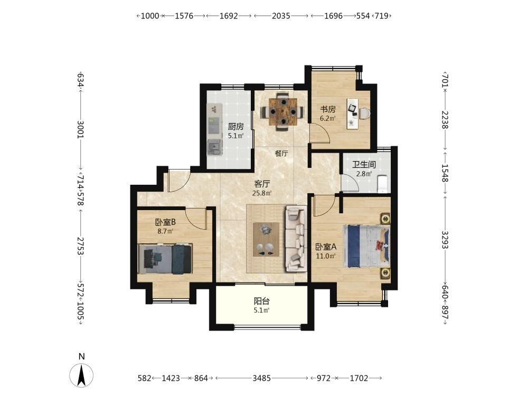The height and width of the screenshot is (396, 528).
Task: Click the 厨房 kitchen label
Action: click(x=235, y=127)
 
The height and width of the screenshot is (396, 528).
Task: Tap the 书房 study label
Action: click(x=328, y=109)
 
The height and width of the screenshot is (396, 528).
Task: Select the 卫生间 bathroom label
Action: click(x=364, y=165)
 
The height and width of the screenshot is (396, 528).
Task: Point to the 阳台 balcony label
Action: click(x=262, y=301)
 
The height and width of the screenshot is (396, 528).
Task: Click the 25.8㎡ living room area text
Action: click(x=262, y=193)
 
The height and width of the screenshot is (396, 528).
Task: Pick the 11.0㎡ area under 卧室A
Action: click(x=326, y=256)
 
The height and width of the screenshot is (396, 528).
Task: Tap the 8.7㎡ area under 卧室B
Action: click(x=165, y=231)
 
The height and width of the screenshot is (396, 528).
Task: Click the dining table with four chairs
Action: click(x=283, y=111)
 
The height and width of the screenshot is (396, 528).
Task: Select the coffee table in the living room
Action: click(x=266, y=239)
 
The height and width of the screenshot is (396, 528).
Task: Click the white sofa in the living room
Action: click(x=296, y=239)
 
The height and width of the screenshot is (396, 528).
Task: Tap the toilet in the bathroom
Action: click(x=382, y=184)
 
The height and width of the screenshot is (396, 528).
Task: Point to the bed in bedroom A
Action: click(x=366, y=246)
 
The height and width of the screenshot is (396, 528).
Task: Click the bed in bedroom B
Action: click(x=165, y=259)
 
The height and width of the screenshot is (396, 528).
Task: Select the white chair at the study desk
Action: click(x=364, y=113)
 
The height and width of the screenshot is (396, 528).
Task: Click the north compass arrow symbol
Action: click(x=81, y=375)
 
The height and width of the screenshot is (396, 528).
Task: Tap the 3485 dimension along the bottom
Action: click(x=262, y=378)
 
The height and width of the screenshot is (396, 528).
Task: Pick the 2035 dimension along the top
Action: click(x=281, y=16)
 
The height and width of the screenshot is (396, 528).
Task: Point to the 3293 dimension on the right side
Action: click(x=445, y=239)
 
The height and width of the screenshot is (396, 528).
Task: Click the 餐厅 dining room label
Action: click(x=281, y=154)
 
